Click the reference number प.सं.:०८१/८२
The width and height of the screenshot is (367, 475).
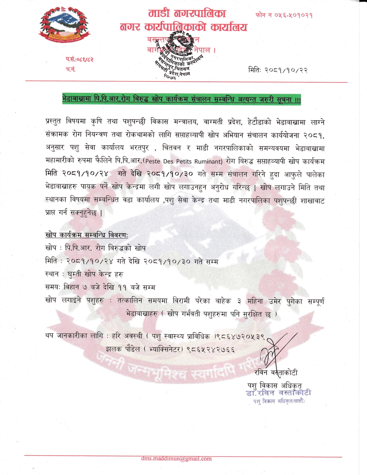[79, 60]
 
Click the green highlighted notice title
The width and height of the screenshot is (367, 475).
[181, 100]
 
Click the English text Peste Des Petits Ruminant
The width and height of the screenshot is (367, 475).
[184, 161]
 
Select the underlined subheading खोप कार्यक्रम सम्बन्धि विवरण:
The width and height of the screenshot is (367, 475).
[86, 235]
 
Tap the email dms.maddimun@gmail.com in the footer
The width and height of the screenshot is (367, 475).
[176, 458]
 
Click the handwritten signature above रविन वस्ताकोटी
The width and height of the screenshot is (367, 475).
[276, 350]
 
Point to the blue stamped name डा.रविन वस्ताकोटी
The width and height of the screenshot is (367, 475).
[278, 393]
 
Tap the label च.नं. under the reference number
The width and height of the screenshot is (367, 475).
[70, 69]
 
